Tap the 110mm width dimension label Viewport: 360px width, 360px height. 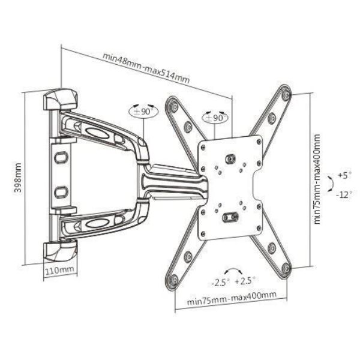pos(59,271)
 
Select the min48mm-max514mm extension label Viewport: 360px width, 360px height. pos(146,68)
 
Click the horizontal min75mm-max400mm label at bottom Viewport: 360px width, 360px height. pos(231,295)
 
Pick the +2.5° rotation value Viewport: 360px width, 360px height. pos(245,280)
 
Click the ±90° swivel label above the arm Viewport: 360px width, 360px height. pos(143,112)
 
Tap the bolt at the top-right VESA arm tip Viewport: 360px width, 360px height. pos(286,94)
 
